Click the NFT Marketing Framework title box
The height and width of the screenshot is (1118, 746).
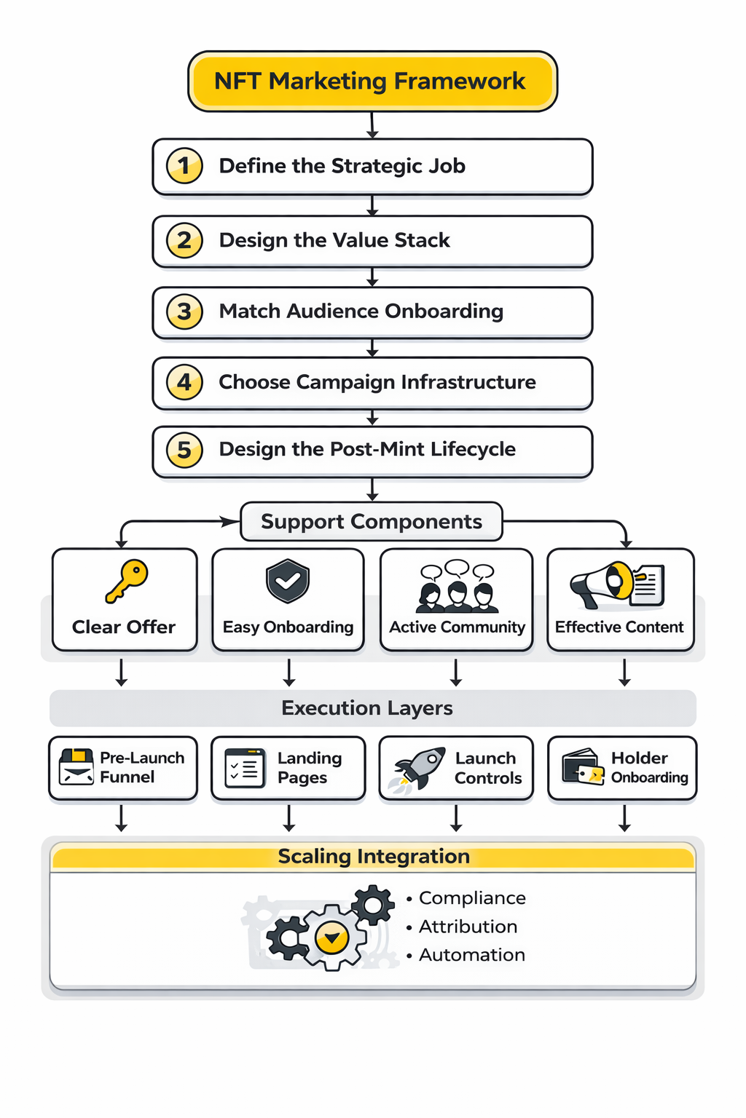click(x=372, y=81)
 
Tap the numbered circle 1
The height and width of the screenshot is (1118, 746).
click(x=184, y=166)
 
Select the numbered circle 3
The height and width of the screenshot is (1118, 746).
click(x=184, y=312)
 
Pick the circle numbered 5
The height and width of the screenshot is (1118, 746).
click(x=184, y=450)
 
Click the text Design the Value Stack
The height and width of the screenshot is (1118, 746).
click(x=334, y=240)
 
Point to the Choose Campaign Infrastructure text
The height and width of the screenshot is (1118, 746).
click(x=377, y=382)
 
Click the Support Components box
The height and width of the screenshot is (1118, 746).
click(x=372, y=521)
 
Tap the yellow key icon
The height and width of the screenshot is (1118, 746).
click(x=127, y=581)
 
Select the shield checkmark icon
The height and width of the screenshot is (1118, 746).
click(x=288, y=581)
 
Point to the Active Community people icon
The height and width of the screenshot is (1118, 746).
click(x=458, y=588)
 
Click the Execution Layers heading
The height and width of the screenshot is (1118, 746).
click(x=367, y=708)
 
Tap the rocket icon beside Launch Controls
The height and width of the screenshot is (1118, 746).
click(x=420, y=768)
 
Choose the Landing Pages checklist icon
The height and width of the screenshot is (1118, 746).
click(x=245, y=768)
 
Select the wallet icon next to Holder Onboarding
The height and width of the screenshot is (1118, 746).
click(x=583, y=767)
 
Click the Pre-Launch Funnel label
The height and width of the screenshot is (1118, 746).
click(x=142, y=767)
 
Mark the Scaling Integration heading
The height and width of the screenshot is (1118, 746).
click(x=373, y=857)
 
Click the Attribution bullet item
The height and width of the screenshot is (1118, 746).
click(x=468, y=927)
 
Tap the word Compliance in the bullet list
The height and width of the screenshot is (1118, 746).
click(x=472, y=898)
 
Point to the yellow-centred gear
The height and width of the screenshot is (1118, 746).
click(x=332, y=937)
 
